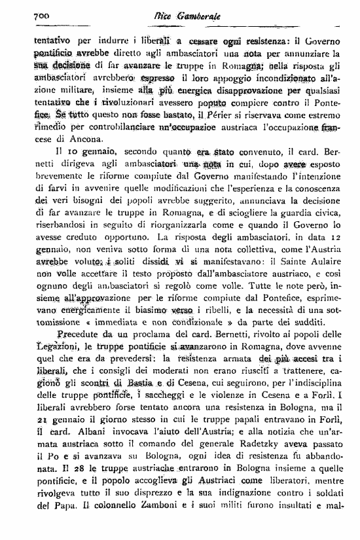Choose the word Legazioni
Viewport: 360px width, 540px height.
coord(56,365)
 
